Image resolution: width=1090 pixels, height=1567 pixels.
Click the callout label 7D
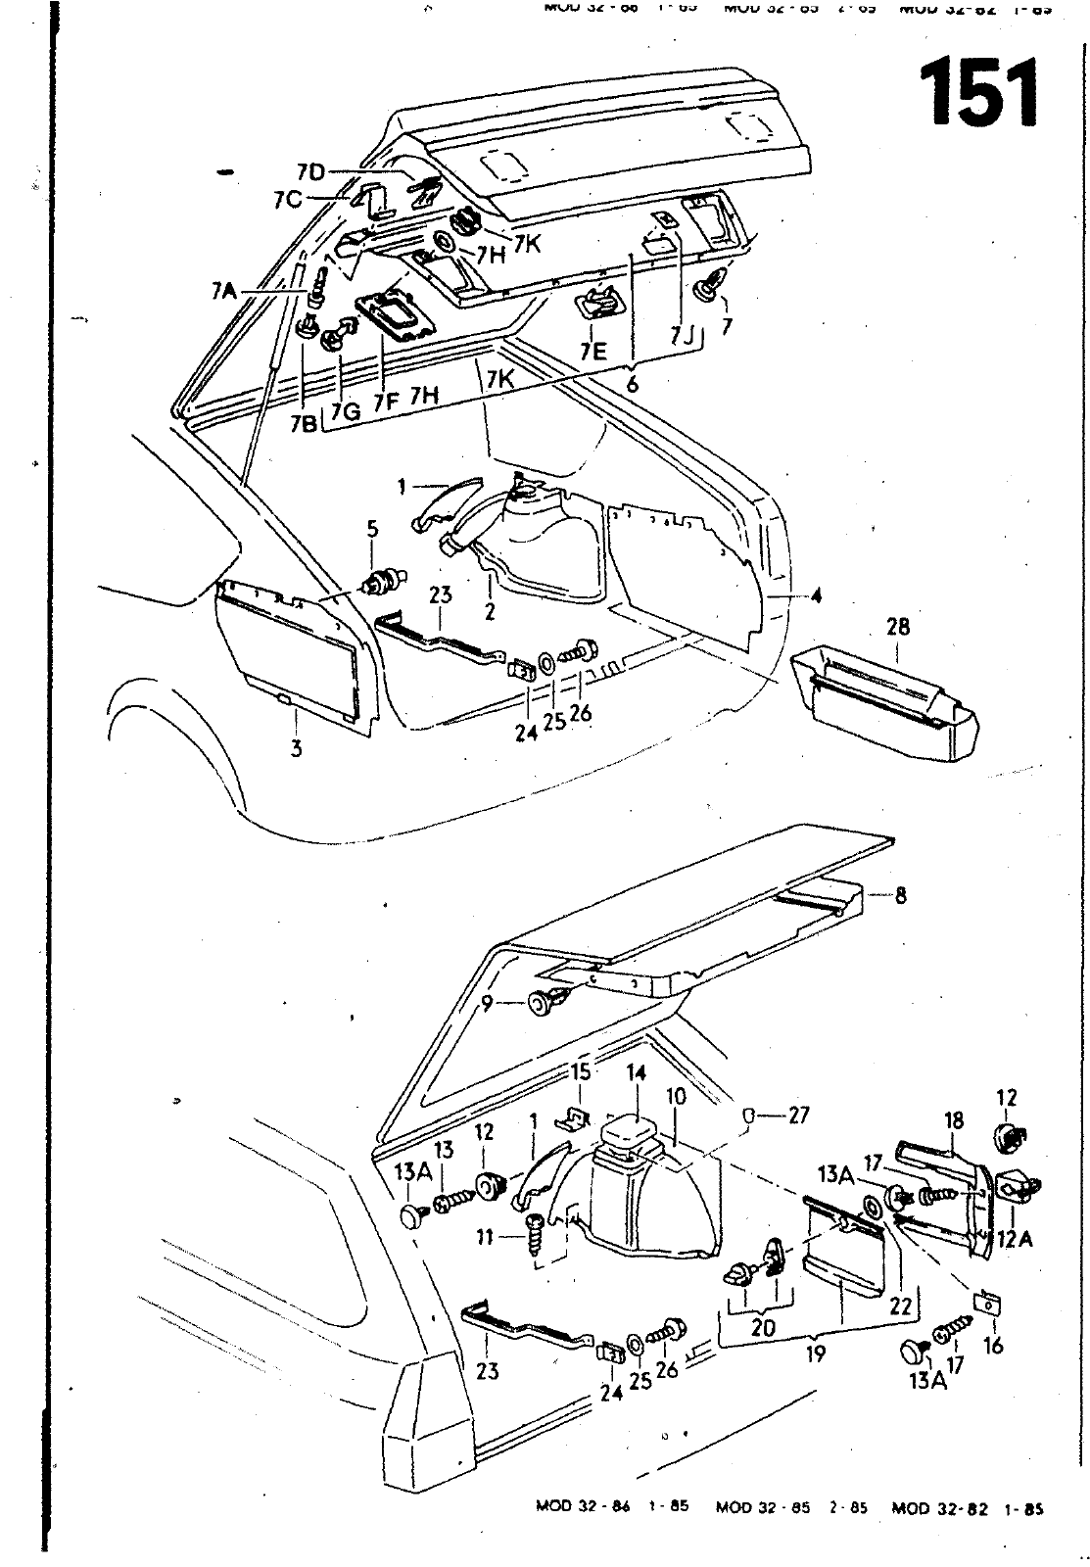pyautogui.click(x=310, y=173)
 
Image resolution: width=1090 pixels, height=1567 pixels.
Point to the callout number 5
pyautogui.click(x=371, y=530)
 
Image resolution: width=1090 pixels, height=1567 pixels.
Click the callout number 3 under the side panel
pyautogui.click(x=296, y=749)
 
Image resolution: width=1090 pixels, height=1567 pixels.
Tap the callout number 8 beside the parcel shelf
pyautogui.click(x=900, y=895)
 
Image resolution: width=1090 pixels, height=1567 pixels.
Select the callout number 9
pyautogui.click(x=487, y=1003)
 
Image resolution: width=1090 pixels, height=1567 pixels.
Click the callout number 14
pyautogui.click(x=637, y=1073)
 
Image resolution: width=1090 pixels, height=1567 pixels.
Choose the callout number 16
pyautogui.click(x=993, y=1345)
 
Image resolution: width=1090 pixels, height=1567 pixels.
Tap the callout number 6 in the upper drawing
pyautogui.click(x=632, y=384)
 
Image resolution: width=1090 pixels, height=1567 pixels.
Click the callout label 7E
pyautogui.click(x=592, y=351)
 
